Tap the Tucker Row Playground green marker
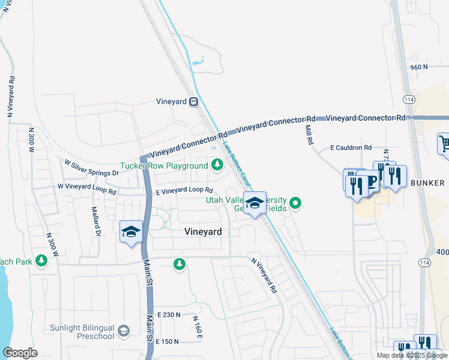click(x=215, y=164)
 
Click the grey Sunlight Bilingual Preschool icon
click(x=123, y=331)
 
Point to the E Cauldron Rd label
click(x=351, y=147)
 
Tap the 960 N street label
click(x=419, y=67)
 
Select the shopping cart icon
click(x=444, y=144)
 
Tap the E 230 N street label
click(x=169, y=314)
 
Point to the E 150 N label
click(x=167, y=341)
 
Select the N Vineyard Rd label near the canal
click(x=264, y=275)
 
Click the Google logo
click(x=20, y=353)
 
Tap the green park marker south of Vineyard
click(x=179, y=264)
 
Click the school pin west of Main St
click(x=130, y=232)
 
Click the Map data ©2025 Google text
click(x=411, y=355)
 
